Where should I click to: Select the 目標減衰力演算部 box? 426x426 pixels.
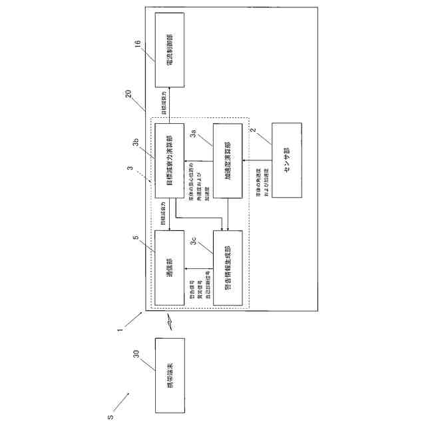point(169,160)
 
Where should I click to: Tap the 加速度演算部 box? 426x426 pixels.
point(228,160)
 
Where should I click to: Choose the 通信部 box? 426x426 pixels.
point(169,267)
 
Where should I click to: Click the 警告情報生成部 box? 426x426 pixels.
point(228,267)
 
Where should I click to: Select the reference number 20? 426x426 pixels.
point(128,95)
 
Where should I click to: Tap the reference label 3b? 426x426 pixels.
point(134,142)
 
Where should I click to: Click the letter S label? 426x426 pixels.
point(110,417)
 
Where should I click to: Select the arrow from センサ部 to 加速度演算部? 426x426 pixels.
point(257,160)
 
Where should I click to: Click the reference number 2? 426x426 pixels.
point(252,132)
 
